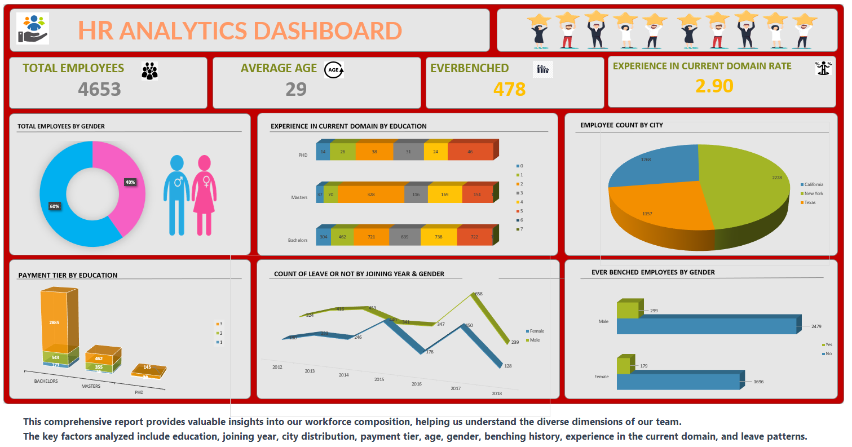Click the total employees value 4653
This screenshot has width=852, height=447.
tap(99, 89)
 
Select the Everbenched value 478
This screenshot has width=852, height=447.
tap(509, 89)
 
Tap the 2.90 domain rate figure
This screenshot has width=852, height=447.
tap(714, 86)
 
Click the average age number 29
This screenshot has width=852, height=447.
tap(295, 89)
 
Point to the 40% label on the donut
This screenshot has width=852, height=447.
tap(130, 182)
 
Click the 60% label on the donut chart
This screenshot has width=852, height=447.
tap(54, 206)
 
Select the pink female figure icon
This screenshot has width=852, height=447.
tap(204, 195)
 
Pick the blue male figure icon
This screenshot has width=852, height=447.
tap(176, 195)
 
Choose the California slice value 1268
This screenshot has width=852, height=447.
tap(645, 160)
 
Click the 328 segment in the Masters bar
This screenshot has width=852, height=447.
tap(370, 194)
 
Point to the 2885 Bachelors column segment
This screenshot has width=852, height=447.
tap(54, 322)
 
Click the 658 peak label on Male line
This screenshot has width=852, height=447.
tap(479, 294)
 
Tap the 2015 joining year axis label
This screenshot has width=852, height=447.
tap(379, 379)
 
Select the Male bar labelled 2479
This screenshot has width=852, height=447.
tap(705, 326)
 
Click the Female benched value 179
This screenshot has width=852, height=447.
tap(643, 366)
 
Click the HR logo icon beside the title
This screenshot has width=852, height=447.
tap(33, 29)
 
